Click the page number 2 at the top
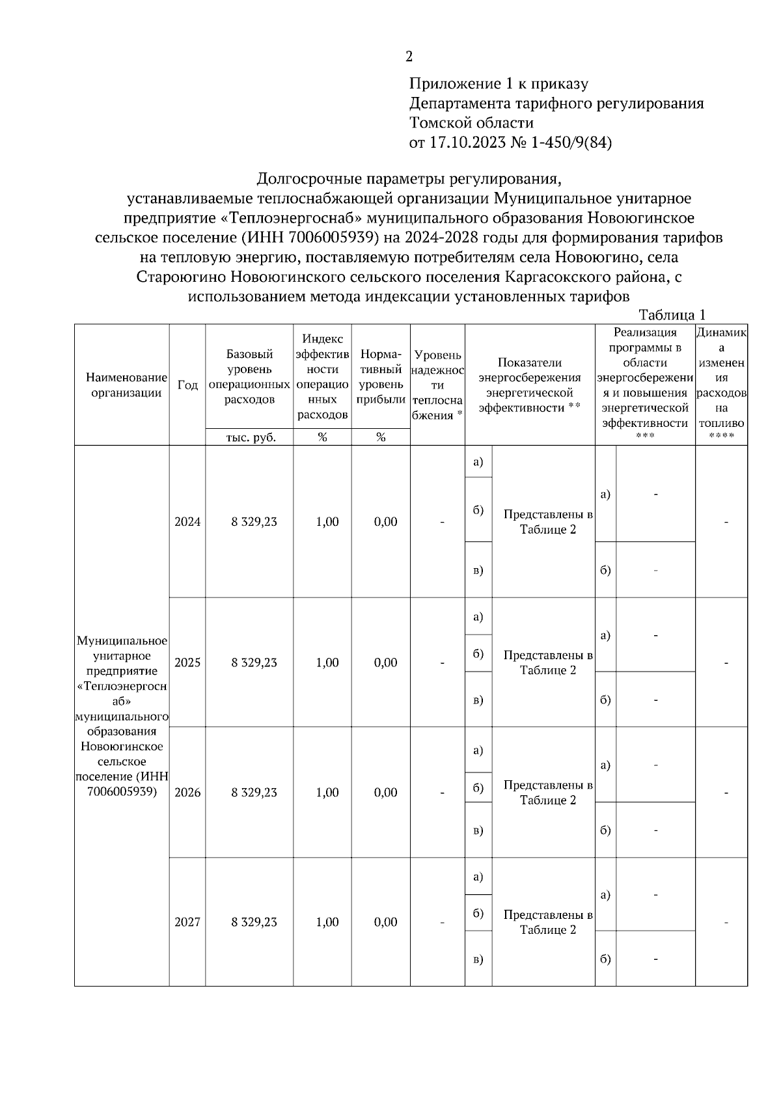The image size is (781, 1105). click(409, 57)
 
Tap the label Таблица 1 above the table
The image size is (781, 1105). click(672, 315)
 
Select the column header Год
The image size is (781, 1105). click(187, 385)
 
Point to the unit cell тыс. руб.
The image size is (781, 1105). click(251, 437)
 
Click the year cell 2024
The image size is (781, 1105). click(187, 522)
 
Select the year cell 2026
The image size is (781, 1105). click(187, 793)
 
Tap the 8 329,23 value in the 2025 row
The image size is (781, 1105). click(254, 662)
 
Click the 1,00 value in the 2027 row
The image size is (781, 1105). click(327, 922)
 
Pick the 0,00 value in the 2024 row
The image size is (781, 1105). click(385, 522)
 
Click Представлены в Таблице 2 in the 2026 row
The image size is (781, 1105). click(548, 793)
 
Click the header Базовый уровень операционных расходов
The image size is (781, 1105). click(249, 377)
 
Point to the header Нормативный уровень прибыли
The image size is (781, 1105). click(381, 377)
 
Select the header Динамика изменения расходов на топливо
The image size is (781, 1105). click(721, 377)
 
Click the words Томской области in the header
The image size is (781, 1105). click(471, 123)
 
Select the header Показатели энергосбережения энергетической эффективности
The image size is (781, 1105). click(530, 385)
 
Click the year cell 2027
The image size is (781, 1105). click(187, 922)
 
